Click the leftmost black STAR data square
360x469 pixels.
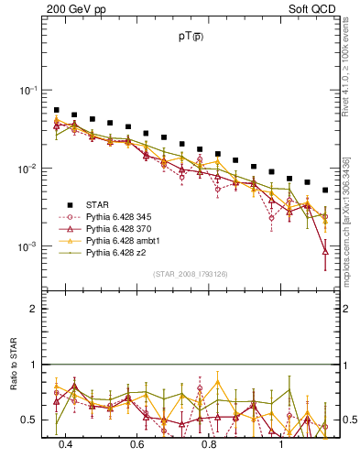(x=57, y=110)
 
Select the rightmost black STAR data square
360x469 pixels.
(x=325, y=191)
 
